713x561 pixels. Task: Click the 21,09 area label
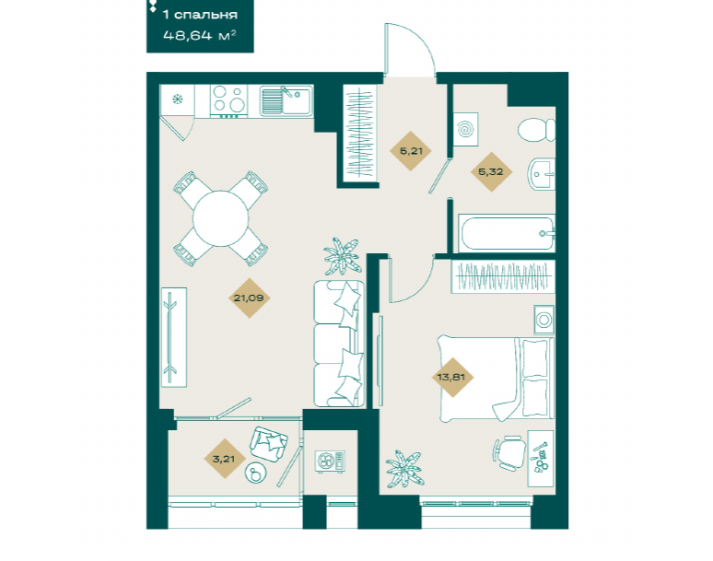pyautogui.click(x=249, y=298)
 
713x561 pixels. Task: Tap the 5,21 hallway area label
pyautogui.click(x=411, y=151)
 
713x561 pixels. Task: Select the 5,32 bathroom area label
pyautogui.click(x=491, y=172)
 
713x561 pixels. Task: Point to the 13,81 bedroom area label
pyautogui.click(x=451, y=377)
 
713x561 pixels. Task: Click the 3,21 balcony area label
pyautogui.click(x=224, y=459)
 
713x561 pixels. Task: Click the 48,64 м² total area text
pyautogui.click(x=200, y=35)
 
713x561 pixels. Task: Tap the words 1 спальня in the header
pyautogui.click(x=200, y=15)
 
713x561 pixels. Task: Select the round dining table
pyautogui.click(x=220, y=218)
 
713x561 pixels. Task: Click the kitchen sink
pyautogui.click(x=286, y=100)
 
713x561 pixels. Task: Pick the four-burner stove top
pyautogui.click(x=228, y=99)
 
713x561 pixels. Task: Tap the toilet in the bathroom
pyautogui.click(x=536, y=130)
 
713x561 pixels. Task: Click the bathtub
pyautogui.click(x=507, y=233)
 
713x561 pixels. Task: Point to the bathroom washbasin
pyautogui.click(x=541, y=174)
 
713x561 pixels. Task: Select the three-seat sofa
pyautogui.click(x=339, y=344)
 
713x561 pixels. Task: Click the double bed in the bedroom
pyautogui.click(x=496, y=378)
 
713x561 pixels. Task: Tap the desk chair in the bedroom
pyautogui.click(x=508, y=453)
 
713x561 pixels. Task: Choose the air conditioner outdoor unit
pyautogui.click(x=330, y=462)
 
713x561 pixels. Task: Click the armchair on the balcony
pyautogui.click(x=269, y=444)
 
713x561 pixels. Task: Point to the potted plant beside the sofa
pyautogui.click(x=343, y=256)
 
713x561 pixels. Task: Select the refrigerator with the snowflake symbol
pyautogui.click(x=178, y=100)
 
